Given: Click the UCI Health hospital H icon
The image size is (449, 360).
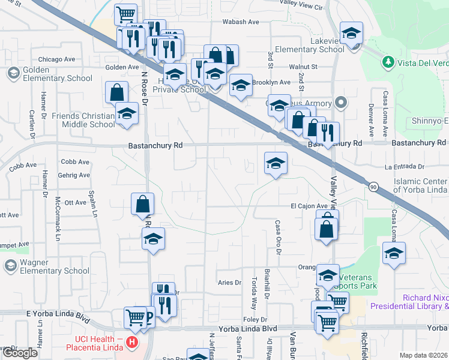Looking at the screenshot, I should pos(133,344).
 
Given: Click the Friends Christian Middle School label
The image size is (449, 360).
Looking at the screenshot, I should pos(83,120).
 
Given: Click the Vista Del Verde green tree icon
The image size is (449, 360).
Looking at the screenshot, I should pos(388,62).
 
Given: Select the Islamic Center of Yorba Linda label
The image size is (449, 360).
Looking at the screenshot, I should pos(420,186).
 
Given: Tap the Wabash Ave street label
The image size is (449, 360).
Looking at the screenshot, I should pos(240,22).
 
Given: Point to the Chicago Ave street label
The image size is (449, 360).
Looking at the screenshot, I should pos(56,59).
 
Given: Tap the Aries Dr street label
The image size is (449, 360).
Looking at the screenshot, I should pos(229,282).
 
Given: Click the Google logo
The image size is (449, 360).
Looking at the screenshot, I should pos(20,353).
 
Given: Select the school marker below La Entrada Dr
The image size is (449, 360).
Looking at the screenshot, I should pos(276,163).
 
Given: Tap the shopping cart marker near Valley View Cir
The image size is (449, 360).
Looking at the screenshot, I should pos(125,14).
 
